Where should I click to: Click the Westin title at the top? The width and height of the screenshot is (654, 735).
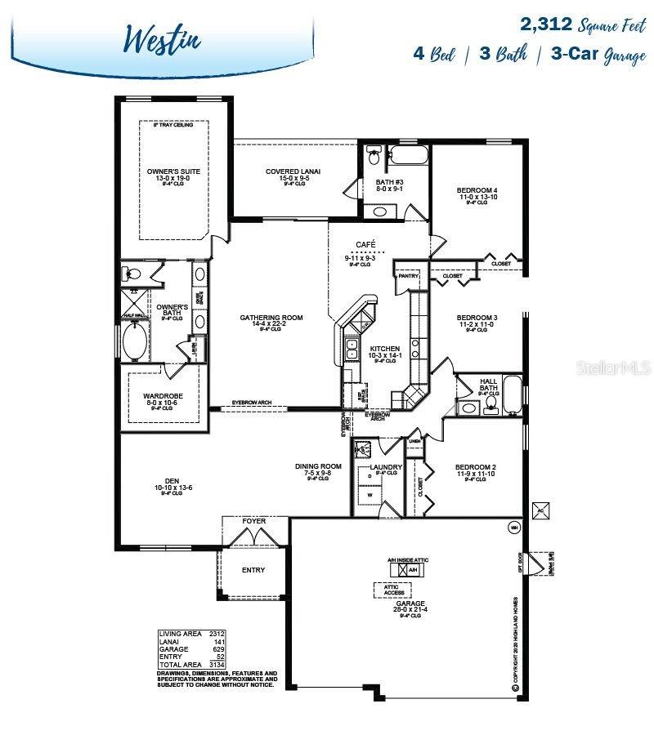163,38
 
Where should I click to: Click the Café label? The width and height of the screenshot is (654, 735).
365,244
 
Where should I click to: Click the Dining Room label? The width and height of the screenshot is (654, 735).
318,467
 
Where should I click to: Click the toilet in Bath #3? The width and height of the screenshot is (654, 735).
374,153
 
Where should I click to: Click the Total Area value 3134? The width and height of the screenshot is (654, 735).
217,664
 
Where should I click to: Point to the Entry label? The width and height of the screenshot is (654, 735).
253,570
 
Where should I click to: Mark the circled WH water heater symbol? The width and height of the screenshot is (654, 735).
514,527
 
